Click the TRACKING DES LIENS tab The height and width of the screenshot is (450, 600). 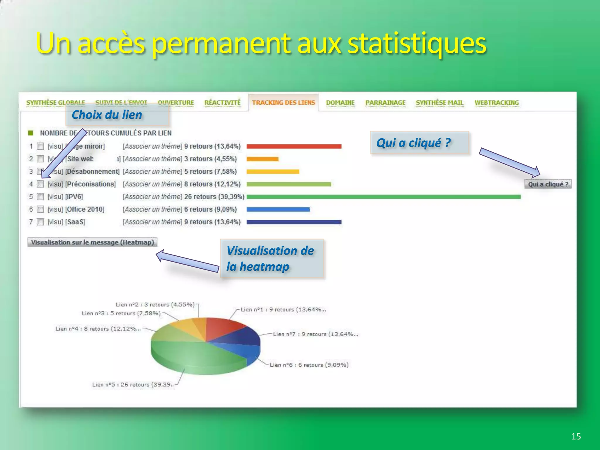(283, 103)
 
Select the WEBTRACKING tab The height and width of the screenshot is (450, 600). (497, 103)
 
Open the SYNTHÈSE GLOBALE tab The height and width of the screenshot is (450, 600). (56, 103)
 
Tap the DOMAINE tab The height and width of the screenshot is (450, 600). (340, 103)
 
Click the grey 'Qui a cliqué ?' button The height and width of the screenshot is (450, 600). (548, 184)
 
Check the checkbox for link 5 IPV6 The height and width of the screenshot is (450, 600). (41, 197)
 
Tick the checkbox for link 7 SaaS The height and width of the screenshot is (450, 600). (41, 222)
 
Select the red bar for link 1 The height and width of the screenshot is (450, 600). (294, 146)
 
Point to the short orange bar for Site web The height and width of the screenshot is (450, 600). (262, 159)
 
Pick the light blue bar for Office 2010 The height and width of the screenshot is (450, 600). (278, 209)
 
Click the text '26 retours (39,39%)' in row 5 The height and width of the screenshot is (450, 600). (214, 197)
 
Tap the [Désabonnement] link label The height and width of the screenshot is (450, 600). (92, 171)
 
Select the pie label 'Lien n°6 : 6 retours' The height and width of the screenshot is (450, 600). (309, 365)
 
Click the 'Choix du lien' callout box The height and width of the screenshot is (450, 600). (117, 115)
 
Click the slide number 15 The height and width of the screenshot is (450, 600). (576, 436)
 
